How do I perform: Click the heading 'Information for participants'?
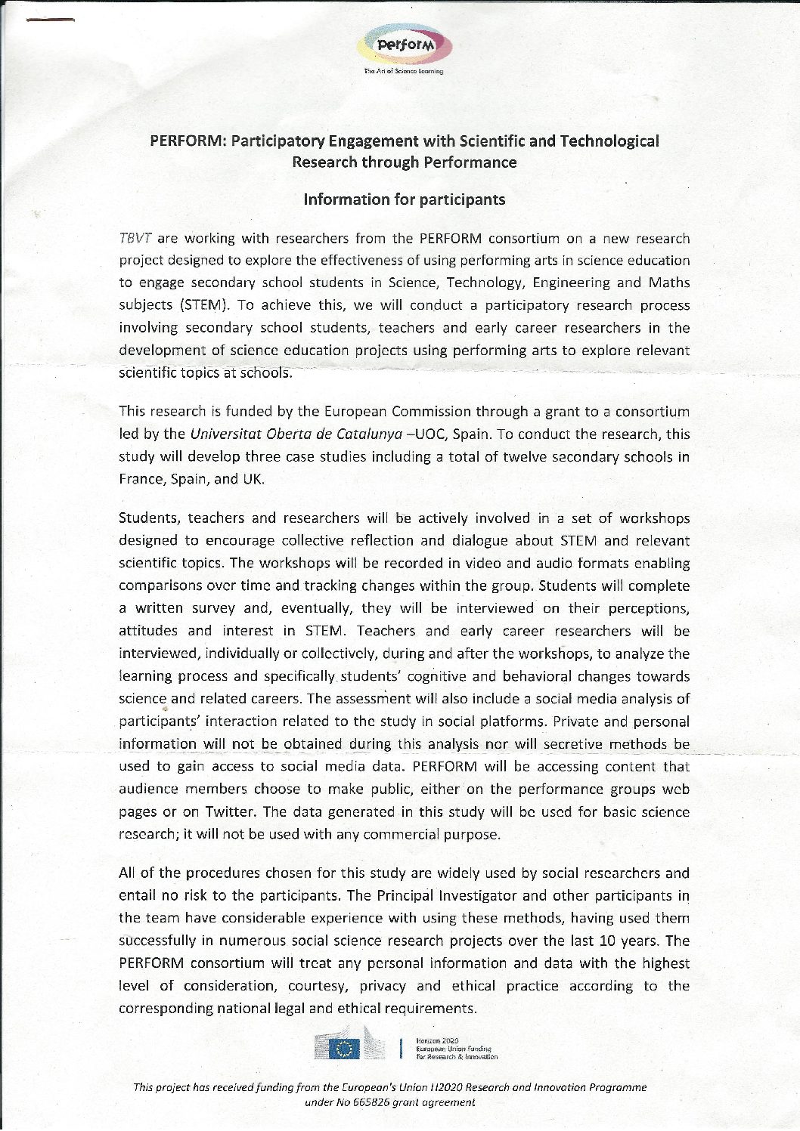coord(404,200)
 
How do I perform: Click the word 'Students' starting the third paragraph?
coord(148,518)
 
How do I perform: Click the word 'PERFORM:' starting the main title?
coord(188,141)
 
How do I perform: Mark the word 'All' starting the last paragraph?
coord(129,873)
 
